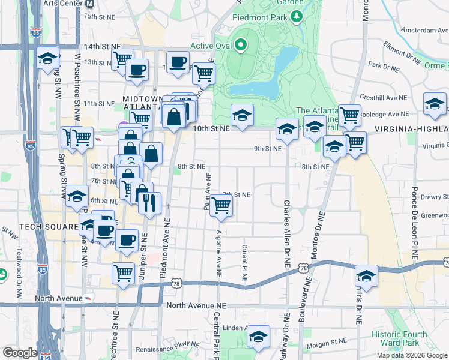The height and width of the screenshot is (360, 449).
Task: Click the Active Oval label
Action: (x=210, y=46)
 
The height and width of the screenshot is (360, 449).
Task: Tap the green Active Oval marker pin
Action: (x=241, y=45)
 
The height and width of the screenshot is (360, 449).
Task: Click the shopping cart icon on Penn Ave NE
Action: (x=222, y=205)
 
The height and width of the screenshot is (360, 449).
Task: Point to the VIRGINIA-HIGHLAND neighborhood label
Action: (x=412, y=129)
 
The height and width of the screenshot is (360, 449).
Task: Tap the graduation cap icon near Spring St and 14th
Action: (x=47, y=58)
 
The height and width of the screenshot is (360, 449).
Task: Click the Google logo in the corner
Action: (x=20, y=352)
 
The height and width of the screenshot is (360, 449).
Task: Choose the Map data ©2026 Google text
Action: (x=411, y=355)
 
